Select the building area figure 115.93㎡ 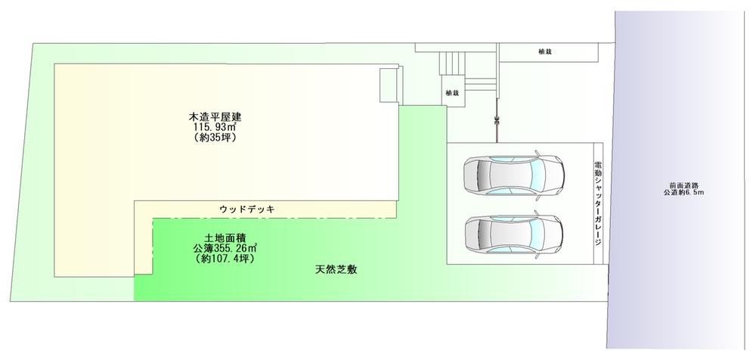215,129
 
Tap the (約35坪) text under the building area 215,140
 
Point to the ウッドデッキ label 246,209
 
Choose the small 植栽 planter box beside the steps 452,92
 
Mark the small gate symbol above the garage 496,119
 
